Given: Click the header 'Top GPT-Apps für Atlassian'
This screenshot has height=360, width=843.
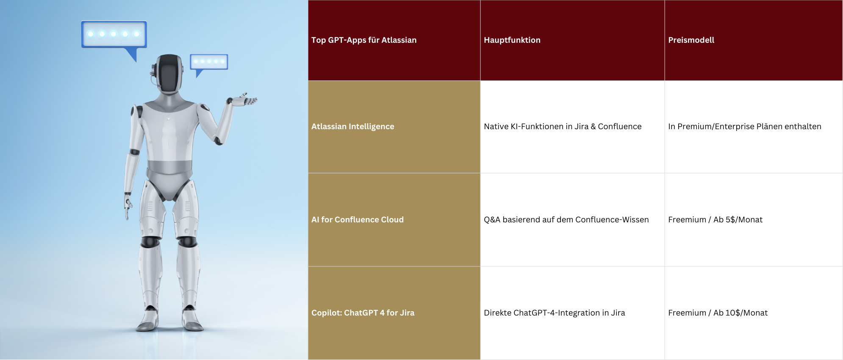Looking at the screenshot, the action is coord(364,40).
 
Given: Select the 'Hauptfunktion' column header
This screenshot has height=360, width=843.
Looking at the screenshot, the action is coord(512,40).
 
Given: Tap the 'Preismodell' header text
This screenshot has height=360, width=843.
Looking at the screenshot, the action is coord(691,40).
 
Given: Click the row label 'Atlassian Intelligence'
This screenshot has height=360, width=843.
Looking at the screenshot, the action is coord(353,127).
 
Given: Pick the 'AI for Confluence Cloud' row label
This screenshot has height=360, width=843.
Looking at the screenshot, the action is coord(358,220).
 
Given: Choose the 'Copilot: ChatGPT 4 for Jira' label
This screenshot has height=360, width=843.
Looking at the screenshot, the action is coord(363,313).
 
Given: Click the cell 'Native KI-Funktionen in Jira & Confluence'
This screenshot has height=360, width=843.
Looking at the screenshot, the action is coord(563,127).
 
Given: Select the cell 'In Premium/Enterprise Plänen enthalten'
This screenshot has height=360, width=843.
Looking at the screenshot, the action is coord(745,127).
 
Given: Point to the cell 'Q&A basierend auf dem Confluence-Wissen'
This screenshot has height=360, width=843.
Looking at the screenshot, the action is coord(566,220).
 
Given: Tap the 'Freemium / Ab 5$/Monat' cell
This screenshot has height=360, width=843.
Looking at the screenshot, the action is coord(715,220).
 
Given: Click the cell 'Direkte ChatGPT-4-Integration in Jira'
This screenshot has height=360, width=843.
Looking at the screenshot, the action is coord(555,313).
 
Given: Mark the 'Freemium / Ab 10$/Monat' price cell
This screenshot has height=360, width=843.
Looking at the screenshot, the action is coord(718,313).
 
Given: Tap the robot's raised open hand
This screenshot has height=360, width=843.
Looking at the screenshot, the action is coord(243,100).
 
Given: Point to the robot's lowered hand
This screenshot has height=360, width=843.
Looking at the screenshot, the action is coord(128,207).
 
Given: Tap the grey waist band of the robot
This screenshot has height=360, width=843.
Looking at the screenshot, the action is coord(169,167).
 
